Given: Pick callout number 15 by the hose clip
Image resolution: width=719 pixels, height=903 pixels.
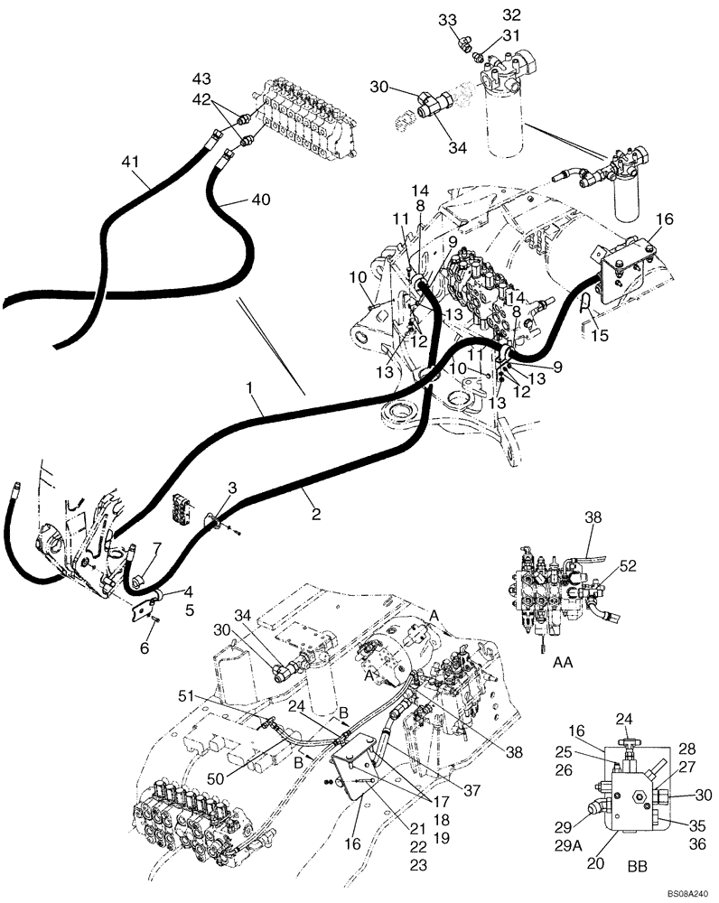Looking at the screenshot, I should [x=600, y=335].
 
